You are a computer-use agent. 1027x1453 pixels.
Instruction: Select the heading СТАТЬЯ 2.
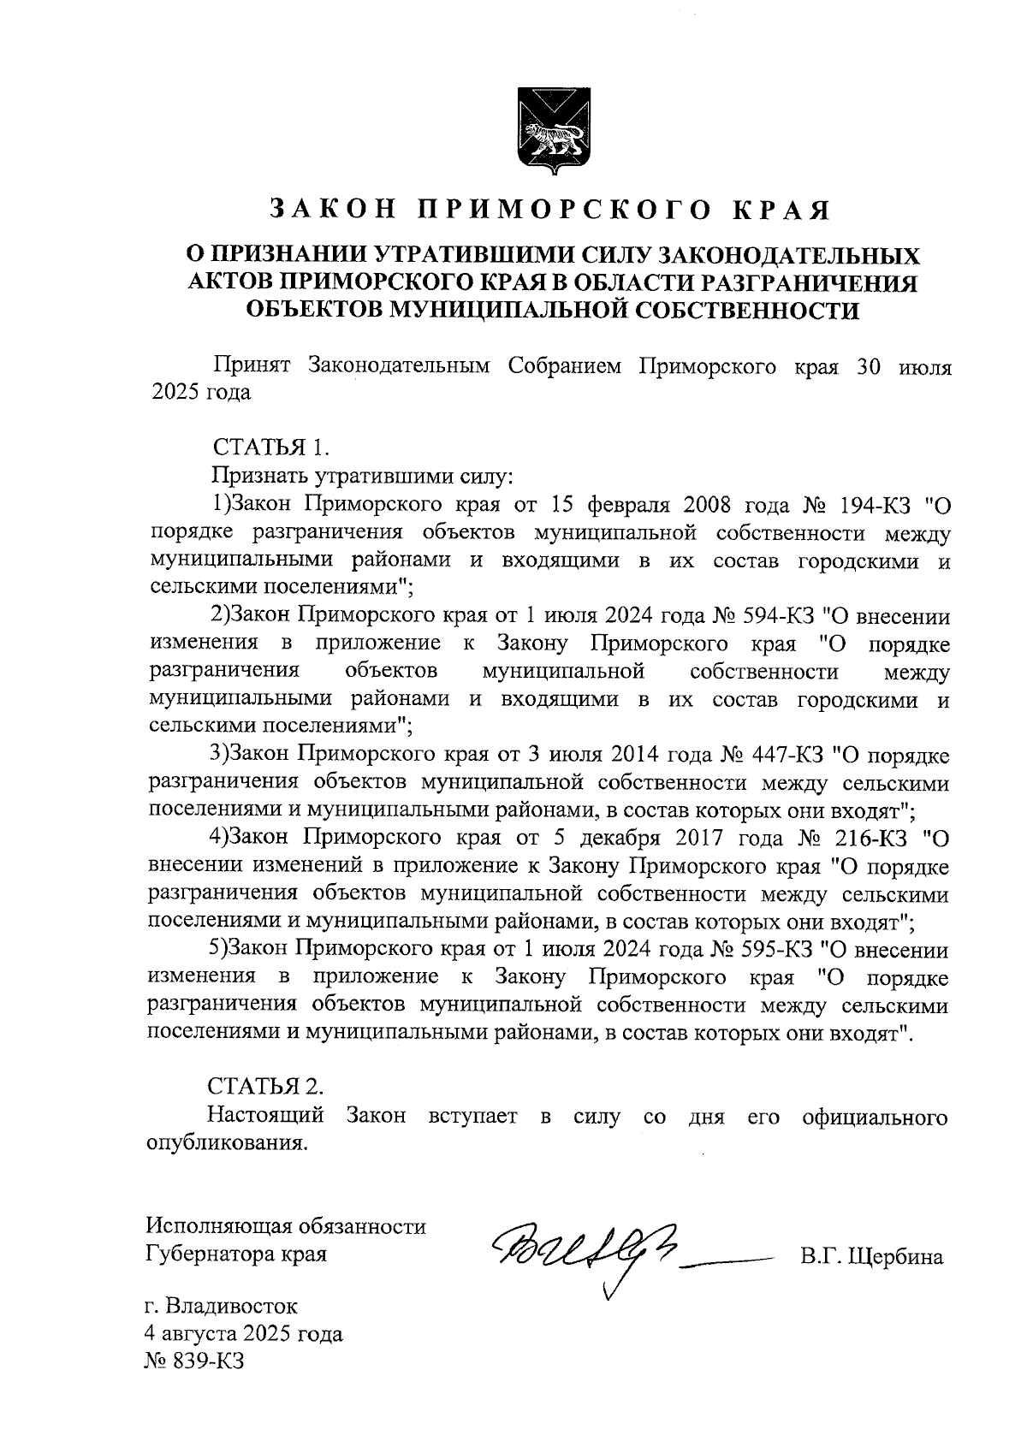267,1086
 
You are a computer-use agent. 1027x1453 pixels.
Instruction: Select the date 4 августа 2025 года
244,1333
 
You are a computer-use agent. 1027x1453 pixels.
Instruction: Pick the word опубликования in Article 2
226,1143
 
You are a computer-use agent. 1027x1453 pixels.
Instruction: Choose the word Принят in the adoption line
248,366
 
